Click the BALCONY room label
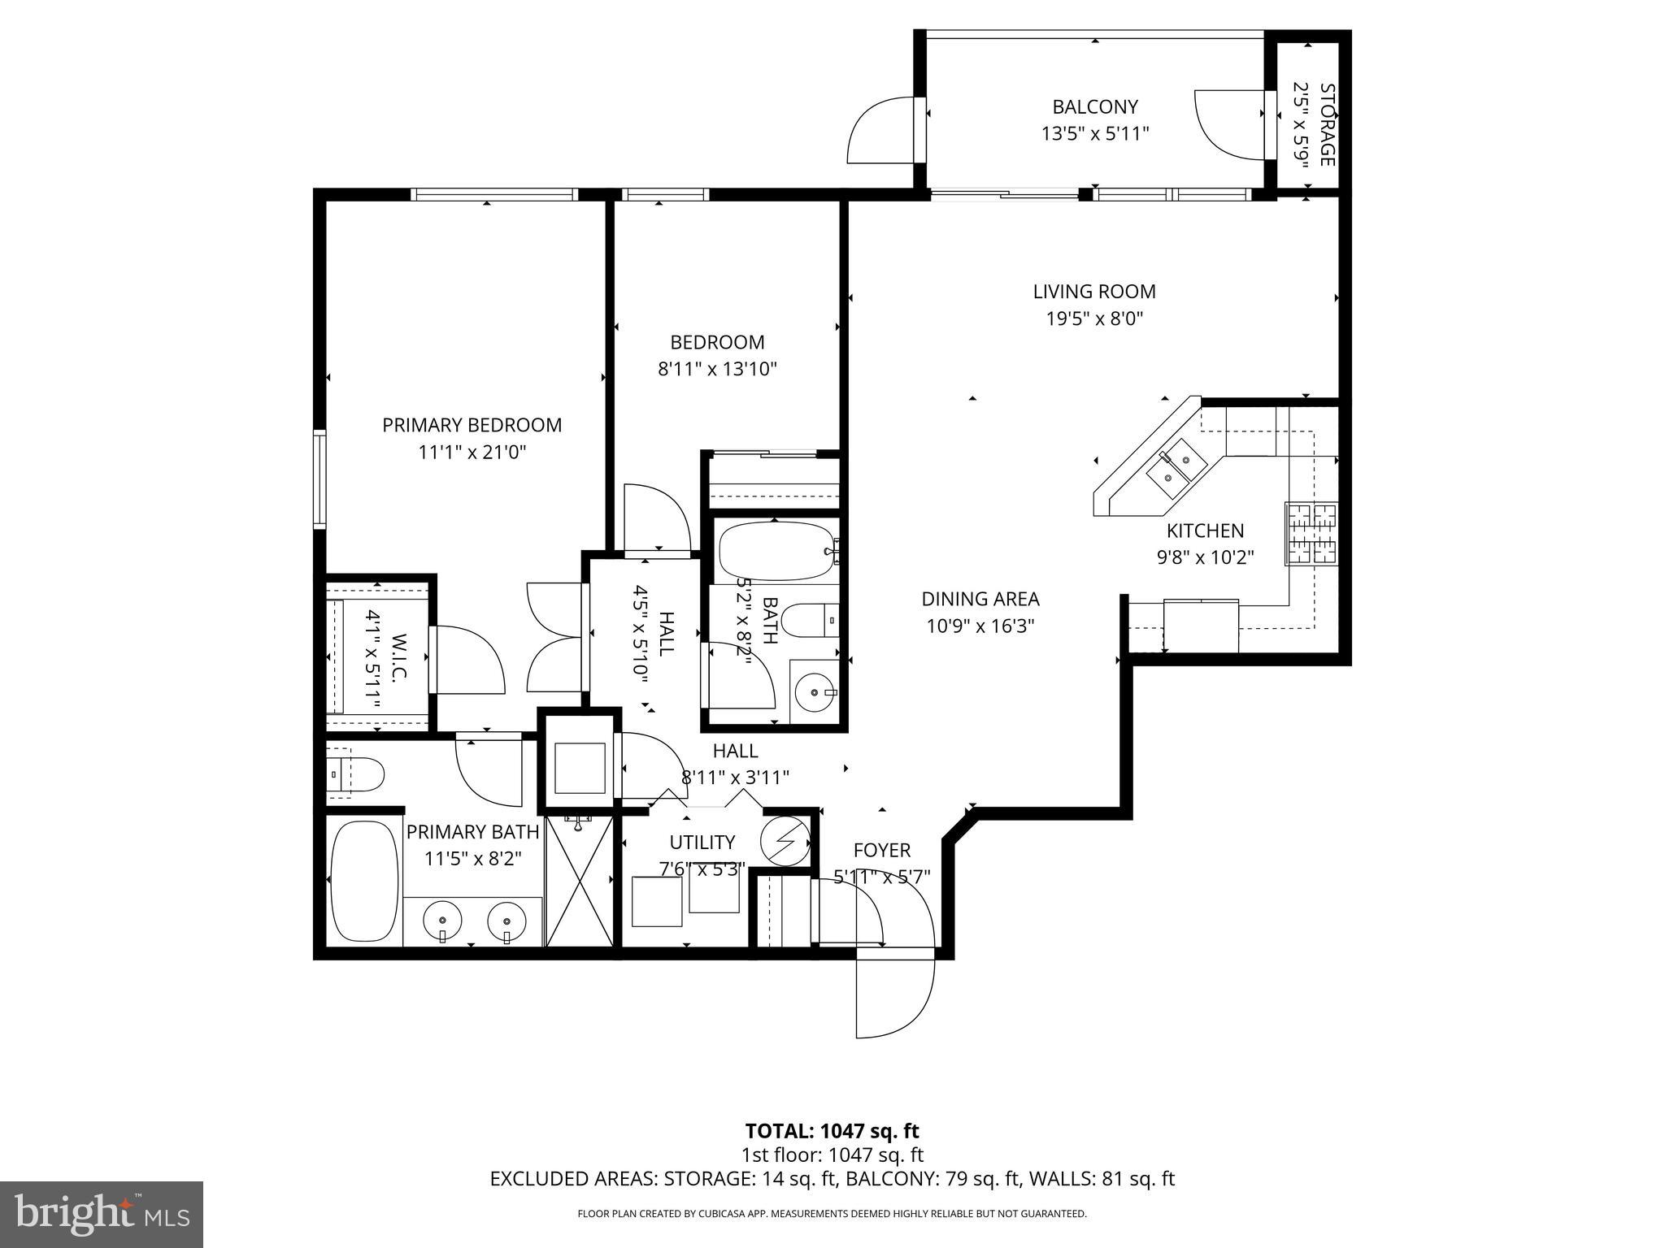tap(1094, 106)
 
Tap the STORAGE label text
tap(1326, 124)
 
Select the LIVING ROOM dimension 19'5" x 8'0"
tap(1094, 318)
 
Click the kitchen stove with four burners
tap(1311, 534)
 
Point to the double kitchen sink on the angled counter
tap(1171, 474)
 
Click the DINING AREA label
tap(980, 600)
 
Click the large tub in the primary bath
tap(363, 882)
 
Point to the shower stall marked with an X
tap(579, 882)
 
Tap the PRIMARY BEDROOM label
tap(472, 425)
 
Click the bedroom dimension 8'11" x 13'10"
tap(717, 369)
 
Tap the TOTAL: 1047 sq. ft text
tap(832, 1131)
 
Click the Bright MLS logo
tap(101, 1215)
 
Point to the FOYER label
tap(881, 851)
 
